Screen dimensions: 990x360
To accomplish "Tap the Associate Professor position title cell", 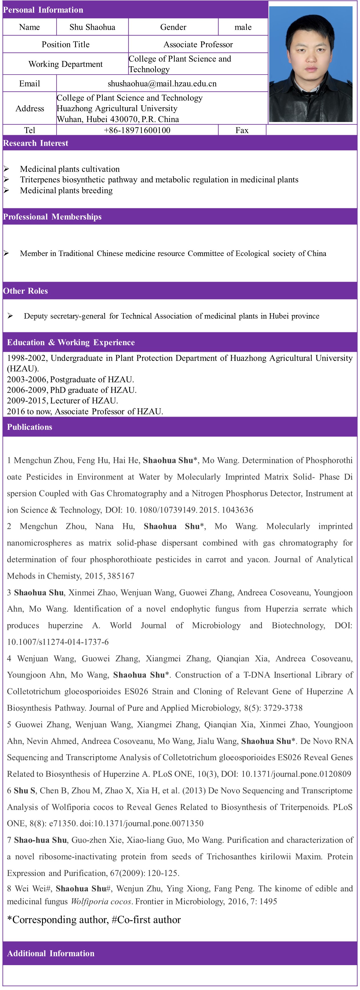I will [198, 45].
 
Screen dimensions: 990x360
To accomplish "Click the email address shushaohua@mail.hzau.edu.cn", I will [162, 84].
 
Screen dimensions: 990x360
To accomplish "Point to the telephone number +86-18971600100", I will [137, 130].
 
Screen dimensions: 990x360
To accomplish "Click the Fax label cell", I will [242, 130].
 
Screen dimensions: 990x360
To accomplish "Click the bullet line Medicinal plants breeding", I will [66, 191].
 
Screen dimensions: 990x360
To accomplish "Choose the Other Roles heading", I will [25, 291].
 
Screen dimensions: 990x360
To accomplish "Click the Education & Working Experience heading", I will [71, 342].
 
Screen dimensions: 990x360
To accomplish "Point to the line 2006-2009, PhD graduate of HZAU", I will [71, 390].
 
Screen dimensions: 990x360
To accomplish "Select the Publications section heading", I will [30, 427].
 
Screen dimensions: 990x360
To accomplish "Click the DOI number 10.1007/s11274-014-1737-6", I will [58, 642].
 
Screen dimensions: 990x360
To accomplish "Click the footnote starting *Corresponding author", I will [94, 920].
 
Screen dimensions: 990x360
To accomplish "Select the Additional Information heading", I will [51, 953].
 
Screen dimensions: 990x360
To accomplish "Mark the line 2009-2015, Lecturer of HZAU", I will [62, 401].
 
